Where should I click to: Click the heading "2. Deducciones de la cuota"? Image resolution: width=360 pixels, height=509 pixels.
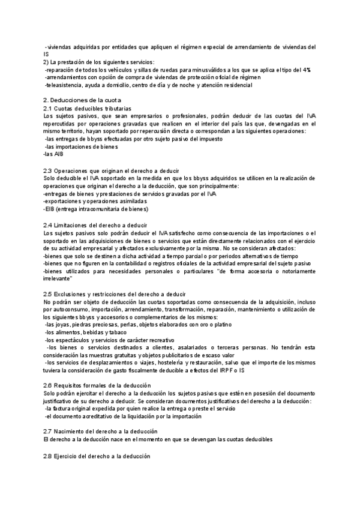point(82,100)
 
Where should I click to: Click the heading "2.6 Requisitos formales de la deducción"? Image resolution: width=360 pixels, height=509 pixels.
point(97,385)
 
